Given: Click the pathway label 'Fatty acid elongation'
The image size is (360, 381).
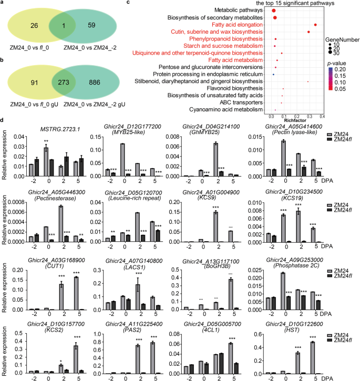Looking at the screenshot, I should point(239,25).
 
